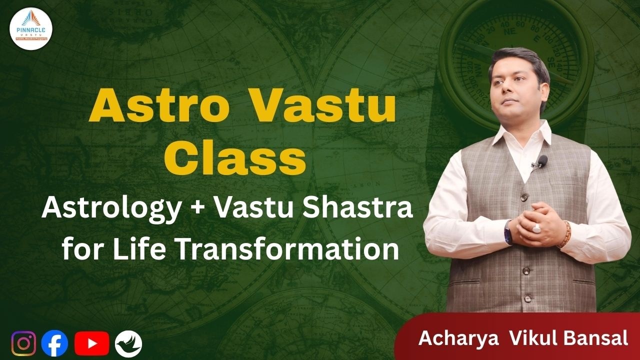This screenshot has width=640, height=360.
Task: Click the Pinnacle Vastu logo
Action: click(31, 28)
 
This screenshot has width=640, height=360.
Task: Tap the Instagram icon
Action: click(23, 343)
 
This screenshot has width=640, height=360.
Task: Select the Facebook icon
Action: click(54, 344)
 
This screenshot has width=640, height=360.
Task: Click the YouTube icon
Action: click(91, 343)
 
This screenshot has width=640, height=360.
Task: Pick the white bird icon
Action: click(128, 344)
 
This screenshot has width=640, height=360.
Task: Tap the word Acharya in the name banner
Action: click(458, 338)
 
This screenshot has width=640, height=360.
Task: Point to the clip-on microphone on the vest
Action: click(541, 161)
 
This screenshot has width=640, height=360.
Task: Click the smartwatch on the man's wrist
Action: click(508, 232)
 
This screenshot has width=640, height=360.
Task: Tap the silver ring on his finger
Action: click(535, 228)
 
